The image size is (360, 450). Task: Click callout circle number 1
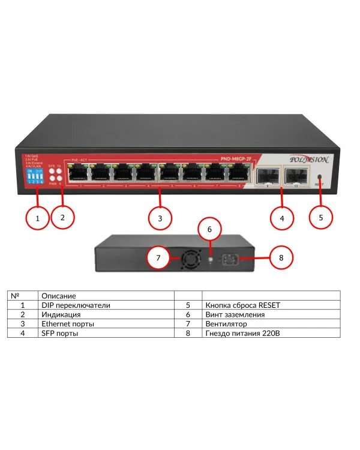[38, 218]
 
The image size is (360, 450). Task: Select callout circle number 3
[160, 218]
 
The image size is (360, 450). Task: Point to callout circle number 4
[282, 218]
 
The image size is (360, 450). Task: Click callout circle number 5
[321, 217]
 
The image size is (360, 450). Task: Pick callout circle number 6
[210, 229]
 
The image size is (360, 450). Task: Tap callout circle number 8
[282, 258]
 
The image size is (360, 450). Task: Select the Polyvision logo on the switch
[309, 160]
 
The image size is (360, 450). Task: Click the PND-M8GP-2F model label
[236, 159]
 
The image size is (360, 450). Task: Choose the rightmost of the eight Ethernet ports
[235, 173]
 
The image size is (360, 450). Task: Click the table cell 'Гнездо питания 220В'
[241, 332]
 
